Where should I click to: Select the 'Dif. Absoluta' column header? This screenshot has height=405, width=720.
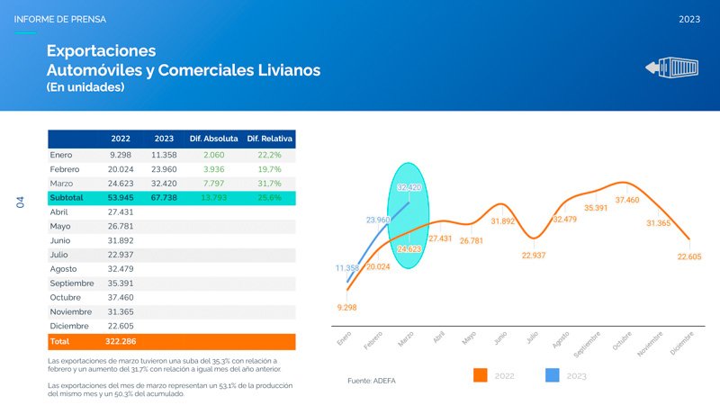(x=213, y=139)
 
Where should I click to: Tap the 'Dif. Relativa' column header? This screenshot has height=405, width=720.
(x=271, y=139)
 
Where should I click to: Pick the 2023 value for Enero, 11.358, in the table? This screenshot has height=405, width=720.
(x=164, y=155)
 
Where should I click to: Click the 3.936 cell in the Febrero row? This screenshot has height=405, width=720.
(x=213, y=169)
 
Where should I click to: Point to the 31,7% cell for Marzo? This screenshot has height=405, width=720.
(x=270, y=184)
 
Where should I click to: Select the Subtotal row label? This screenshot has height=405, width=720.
(x=67, y=197)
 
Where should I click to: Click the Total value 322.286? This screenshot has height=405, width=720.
(x=121, y=342)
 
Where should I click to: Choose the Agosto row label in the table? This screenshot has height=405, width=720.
(x=66, y=269)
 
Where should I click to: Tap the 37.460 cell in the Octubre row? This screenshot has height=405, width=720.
(x=121, y=297)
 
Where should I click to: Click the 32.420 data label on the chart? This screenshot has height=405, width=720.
(x=409, y=187)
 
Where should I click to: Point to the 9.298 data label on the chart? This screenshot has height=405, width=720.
(x=346, y=308)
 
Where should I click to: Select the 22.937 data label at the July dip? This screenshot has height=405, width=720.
(x=534, y=256)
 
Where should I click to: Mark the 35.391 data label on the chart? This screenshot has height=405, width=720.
(x=596, y=208)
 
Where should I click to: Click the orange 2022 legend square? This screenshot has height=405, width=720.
(x=480, y=374)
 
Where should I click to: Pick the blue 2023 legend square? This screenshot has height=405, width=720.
(x=553, y=374)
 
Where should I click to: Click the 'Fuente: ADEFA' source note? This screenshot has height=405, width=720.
(x=371, y=381)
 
